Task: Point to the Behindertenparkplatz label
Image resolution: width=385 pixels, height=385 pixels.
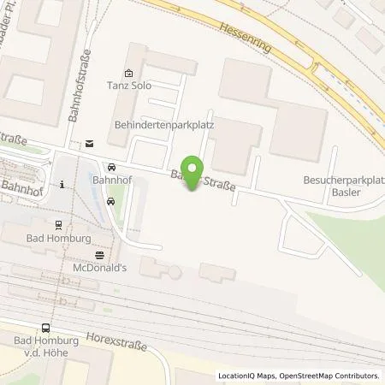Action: pyautogui.click(x=163, y=125)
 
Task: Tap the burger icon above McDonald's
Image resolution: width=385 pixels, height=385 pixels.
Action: pyautogui.click(x=100, y=253)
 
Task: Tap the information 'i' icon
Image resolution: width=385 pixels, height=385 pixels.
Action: pyautogui.click(x=62, y=184)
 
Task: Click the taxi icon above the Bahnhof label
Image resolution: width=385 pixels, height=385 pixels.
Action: pyautogui.click(x=111, y=167)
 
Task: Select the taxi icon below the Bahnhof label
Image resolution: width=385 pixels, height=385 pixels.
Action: pyautogui.click(x=111, y=201)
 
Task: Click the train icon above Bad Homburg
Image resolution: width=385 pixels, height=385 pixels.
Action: pyautogui.click(x=58, y=225)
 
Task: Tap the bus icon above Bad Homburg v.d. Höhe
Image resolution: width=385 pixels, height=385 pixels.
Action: pyautogui.click(x=45, y=327)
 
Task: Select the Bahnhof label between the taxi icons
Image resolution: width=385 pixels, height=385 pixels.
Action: pyautogui.click(x=107, y=183)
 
